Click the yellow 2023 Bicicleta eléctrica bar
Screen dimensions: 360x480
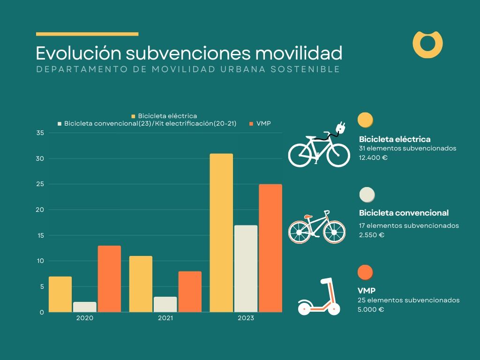221,232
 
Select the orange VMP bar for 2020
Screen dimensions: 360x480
109,278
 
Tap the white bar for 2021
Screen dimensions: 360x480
165,304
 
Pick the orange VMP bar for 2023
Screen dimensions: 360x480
270,248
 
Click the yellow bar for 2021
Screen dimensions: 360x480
141,284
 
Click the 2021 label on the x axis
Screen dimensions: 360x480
165,318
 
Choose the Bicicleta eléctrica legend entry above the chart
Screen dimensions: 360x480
164,116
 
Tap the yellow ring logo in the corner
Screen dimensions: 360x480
427,45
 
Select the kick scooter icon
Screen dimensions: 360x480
319,297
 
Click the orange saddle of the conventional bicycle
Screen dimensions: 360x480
307,217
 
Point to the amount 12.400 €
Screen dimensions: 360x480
373,157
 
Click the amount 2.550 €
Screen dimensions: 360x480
372,235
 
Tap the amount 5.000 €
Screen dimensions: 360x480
371,310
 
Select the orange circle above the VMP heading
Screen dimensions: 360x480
365,272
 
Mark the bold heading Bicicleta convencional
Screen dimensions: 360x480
404,213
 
